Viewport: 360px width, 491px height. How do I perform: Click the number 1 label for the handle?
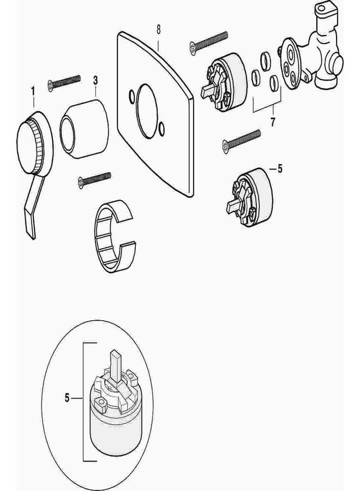coord(33,92)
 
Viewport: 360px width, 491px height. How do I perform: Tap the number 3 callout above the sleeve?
coord(95,81)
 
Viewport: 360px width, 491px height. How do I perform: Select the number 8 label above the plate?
coord(158,30)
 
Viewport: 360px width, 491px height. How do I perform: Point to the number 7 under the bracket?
coord(273,122)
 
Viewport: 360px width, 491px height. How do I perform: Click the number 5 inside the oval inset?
coord(67,398)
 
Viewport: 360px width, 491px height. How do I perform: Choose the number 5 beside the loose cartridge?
coord(280,169)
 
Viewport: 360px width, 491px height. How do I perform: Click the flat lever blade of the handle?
coord(34,207)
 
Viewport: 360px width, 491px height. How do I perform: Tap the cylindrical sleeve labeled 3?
coord(85,129)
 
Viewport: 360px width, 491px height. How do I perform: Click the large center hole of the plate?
coord(147,111)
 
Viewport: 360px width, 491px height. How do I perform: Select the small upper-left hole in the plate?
coord(131,97)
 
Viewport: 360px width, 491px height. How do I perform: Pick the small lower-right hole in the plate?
coord(161,129)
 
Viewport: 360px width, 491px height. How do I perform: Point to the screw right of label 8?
coord(209,43)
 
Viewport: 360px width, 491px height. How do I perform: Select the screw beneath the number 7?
coord(241,141)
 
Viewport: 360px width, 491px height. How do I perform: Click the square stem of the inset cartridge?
coord(115,367)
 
